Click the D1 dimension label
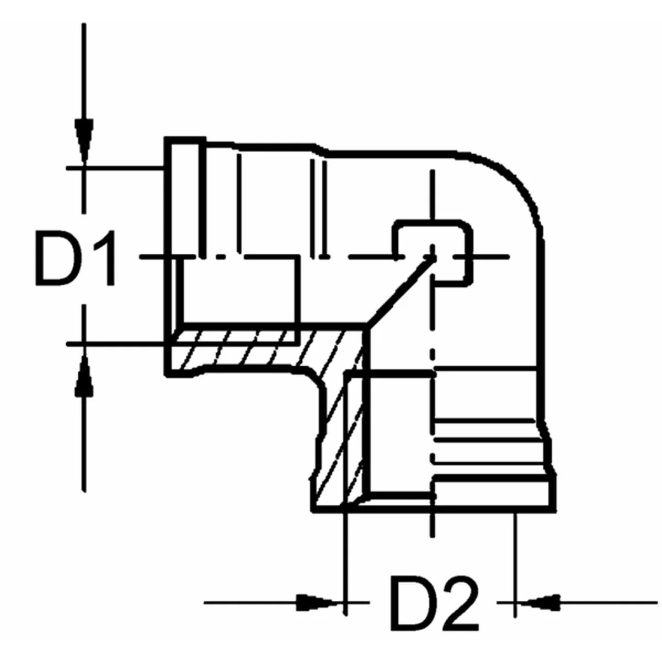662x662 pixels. pos(75,258)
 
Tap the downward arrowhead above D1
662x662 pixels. pos(84,141)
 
